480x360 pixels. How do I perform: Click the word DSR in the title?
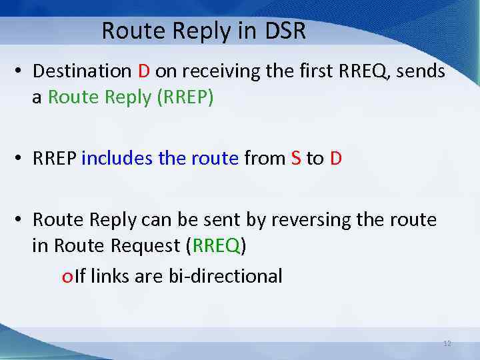pos(283,31)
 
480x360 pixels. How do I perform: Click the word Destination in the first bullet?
pos(82,71)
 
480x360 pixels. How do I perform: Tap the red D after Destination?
pos(144,71)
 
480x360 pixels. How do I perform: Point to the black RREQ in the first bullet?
pos(360,71)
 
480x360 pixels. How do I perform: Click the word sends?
pos(421,71)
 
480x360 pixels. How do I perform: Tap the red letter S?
pos(296,158)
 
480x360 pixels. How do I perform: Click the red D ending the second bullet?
pos(335,158)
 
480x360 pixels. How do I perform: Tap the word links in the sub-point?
pos(110,275)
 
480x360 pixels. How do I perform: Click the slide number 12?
pos(447,343)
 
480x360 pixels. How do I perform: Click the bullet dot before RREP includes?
pos(22,159)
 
